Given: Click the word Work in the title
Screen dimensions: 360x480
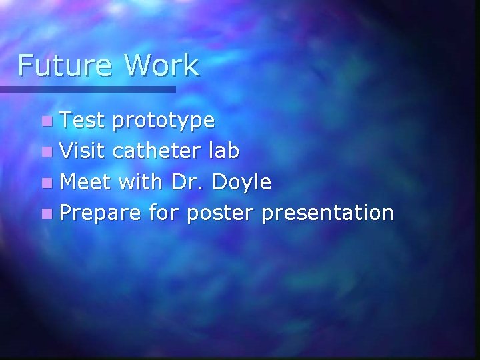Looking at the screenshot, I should coord(162,66).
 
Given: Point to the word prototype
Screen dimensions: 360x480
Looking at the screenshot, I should coord(163,122).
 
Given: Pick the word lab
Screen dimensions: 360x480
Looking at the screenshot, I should coord(225,151).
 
